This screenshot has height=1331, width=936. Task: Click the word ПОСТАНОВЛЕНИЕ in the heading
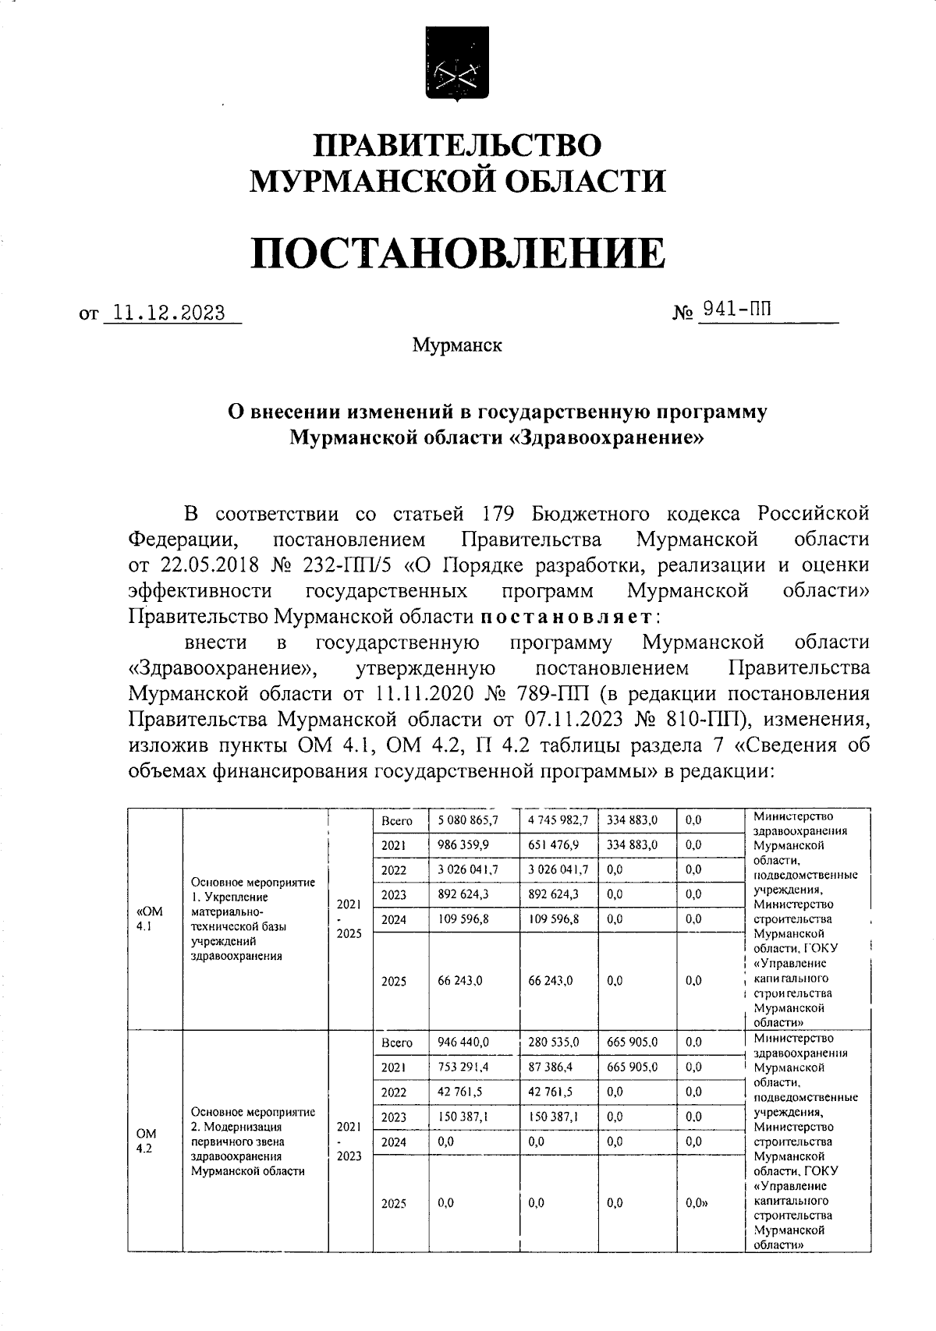coord(458,253)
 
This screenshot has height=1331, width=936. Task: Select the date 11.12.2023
coord(168,313)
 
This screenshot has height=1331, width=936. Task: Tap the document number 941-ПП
coord(737,310)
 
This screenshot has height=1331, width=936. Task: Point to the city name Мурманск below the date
coord(457,345)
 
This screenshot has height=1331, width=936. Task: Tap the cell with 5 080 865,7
coord(468,820)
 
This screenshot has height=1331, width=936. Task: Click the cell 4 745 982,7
coord(558,820)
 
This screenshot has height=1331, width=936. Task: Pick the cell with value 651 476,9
coord(553,844)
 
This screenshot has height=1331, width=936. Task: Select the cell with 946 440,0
coord(463,1042)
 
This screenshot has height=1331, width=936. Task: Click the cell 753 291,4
coord(463,1067)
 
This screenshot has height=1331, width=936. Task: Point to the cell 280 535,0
coord(553,1042)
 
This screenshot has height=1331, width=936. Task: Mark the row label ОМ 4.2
coord(146,1141)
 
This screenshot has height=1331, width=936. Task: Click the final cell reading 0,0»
coord(697,1203)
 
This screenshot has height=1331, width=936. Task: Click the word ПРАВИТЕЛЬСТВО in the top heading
coord(458,146)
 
